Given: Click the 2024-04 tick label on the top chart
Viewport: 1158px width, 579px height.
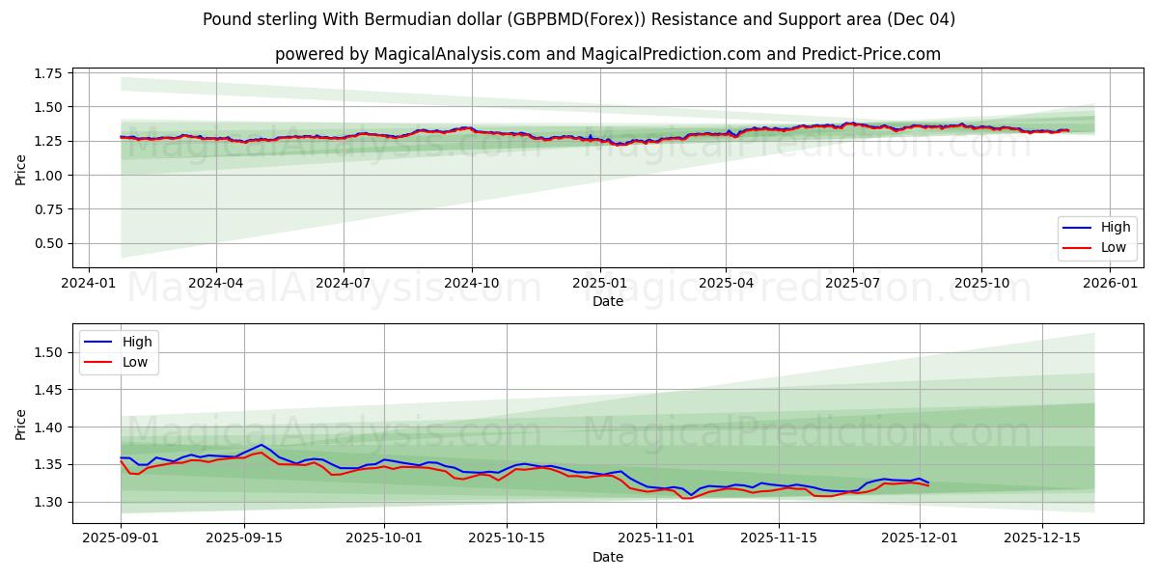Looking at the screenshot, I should (x=215, y=283).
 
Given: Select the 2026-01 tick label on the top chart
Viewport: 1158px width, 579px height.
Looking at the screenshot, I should (x=1110, y=283).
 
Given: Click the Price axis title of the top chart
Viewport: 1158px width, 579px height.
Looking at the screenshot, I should (x=21, y=169).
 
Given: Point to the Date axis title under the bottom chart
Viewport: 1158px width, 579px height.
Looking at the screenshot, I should (x=608, y=557).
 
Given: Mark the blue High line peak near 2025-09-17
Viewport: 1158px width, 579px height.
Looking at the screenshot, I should (x=262, y=445).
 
